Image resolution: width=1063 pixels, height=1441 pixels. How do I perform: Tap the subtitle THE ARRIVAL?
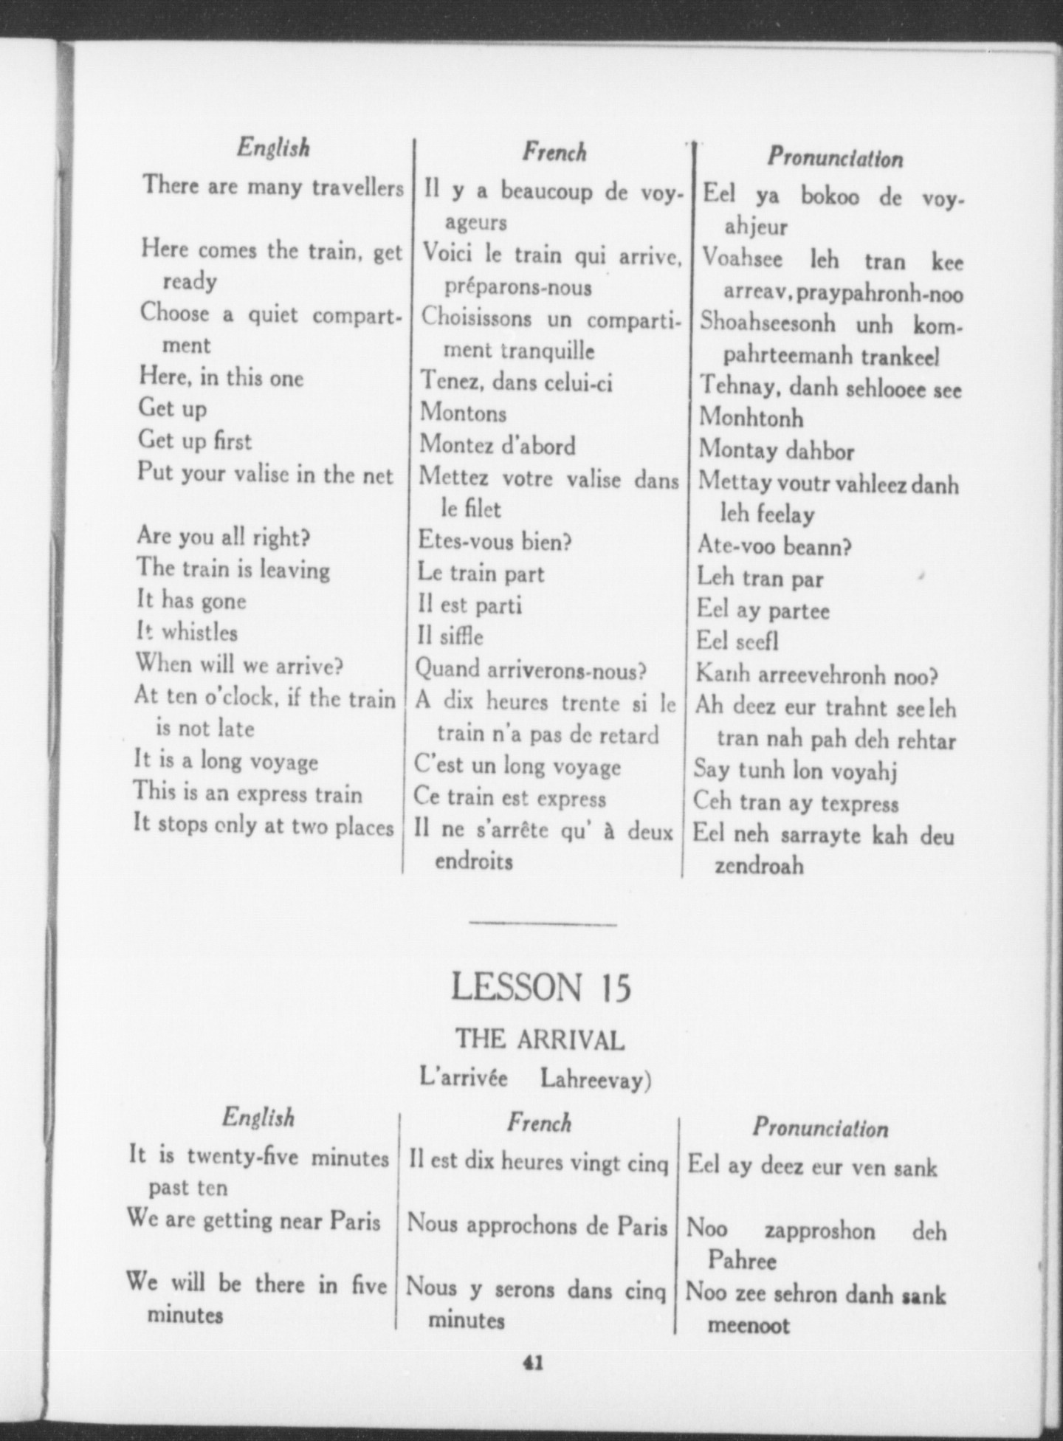(x=540, y=1040)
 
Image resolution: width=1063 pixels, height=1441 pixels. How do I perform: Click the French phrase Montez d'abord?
(x=497, y=445)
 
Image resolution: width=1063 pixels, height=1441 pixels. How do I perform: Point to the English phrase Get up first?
(x=195, y=440)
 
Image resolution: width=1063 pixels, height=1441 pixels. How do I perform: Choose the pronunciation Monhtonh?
(x=751, y=418)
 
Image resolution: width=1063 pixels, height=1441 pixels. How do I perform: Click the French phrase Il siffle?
(x=450, y=636)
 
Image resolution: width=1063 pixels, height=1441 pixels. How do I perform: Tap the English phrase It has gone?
(x=191, y=600)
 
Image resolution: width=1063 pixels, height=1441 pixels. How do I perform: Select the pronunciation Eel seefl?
(x=737, y=641)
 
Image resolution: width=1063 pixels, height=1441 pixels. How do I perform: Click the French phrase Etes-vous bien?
(x=495, y=541)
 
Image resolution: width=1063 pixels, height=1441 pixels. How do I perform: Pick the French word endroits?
(x=473, y=861)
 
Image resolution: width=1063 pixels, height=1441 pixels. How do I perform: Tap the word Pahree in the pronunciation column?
(x=742, y=1260)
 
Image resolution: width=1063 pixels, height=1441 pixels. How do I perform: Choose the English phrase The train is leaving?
(x=233, y=568)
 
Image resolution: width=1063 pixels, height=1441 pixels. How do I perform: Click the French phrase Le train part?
(x=481, y=573)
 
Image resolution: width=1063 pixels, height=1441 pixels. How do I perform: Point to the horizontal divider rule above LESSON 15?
(x=543, y=924)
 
